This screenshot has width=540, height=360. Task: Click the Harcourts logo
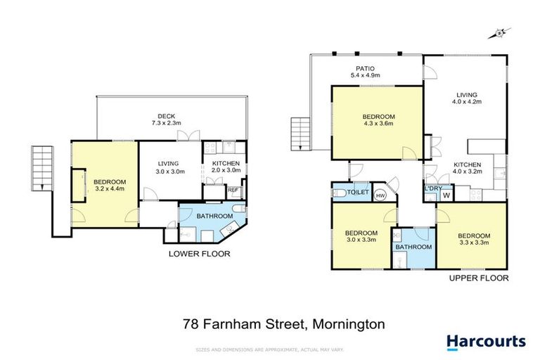tap(486, 342)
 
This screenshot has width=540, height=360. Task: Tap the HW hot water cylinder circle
tap(380, 195)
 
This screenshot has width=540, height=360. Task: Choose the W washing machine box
tap(446, 195)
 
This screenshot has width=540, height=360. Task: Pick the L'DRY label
tap(431, 188)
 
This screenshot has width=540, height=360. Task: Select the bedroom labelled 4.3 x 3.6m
tap(378, 121)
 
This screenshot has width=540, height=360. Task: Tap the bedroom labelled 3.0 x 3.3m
tap(361, 237)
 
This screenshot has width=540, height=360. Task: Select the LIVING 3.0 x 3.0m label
tap(170, 167)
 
